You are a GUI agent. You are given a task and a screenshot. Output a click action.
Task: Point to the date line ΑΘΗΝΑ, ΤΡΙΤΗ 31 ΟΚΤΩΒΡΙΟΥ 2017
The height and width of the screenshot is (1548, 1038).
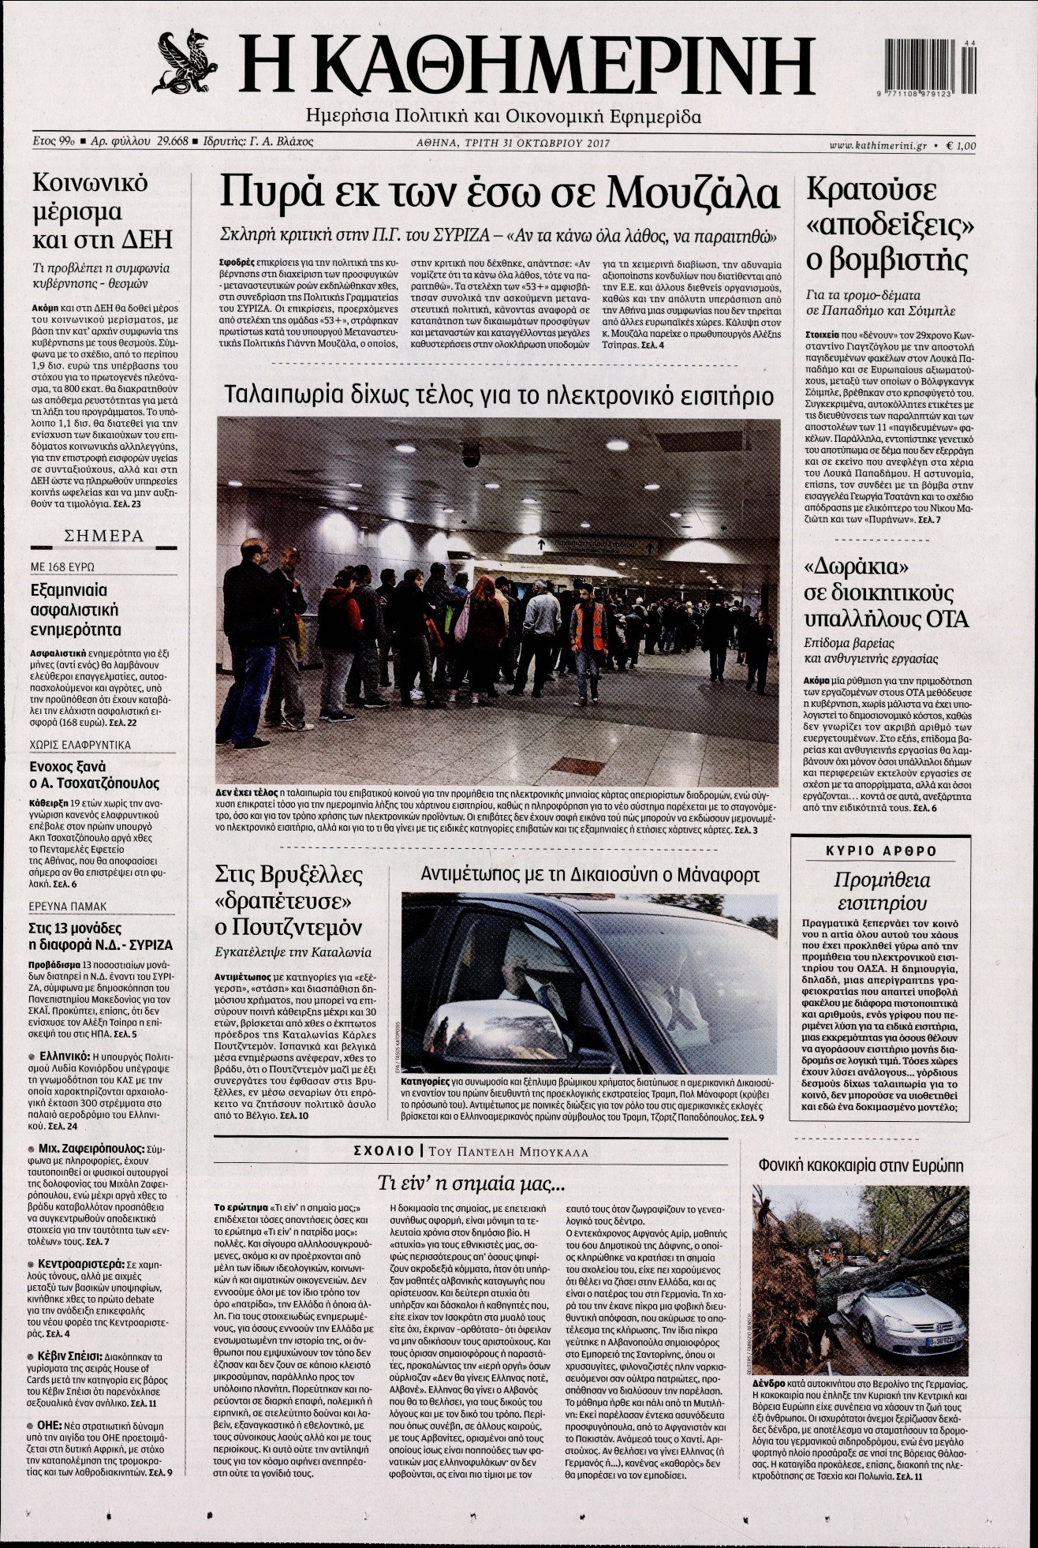(514, 143)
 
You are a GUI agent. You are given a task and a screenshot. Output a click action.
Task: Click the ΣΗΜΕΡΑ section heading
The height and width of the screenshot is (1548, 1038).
(103, 537)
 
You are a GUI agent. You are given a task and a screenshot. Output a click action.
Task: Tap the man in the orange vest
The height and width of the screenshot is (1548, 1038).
(587, 631)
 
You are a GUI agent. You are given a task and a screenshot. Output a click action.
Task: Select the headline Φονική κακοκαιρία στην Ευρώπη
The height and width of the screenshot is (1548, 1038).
(861, 1165)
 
